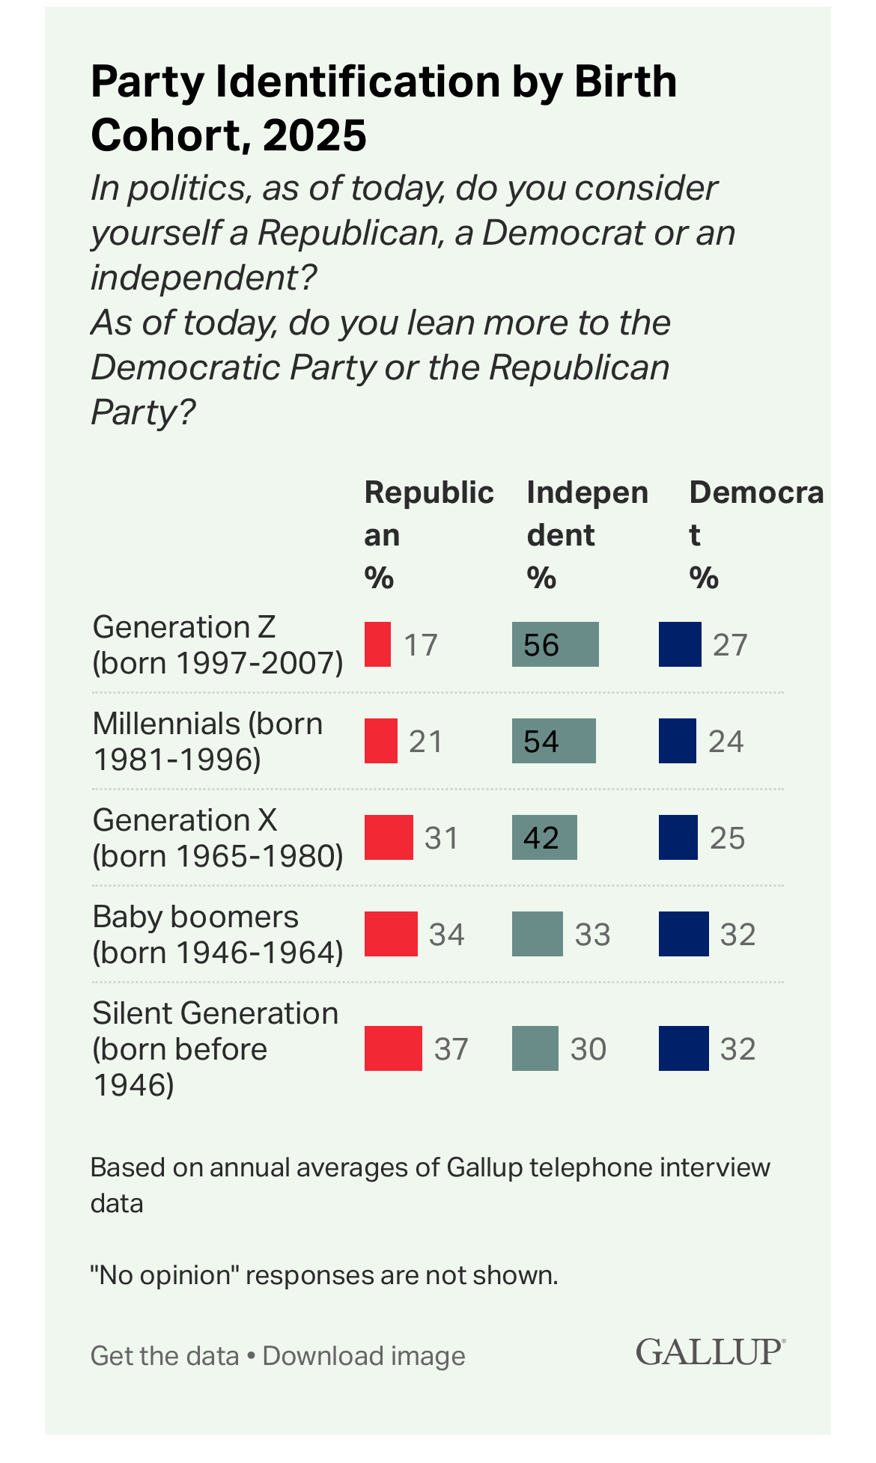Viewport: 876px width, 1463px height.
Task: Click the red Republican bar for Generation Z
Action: click(x=377, y=644)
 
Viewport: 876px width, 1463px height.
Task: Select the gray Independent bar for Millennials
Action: click(x=554, y=741)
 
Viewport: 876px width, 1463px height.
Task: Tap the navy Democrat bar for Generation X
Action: click(x=678, y=837)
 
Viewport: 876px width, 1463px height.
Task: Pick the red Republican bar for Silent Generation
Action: click(x=393, y=1048)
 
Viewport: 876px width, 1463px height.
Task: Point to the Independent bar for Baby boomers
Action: click(x=537, y=934)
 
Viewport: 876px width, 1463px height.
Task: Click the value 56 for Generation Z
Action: click(x=541, y=645)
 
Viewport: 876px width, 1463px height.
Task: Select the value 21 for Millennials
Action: click(x=425, y=742)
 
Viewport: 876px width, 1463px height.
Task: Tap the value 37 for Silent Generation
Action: click(x=451, y=1049)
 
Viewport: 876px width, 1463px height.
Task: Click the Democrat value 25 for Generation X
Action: click(x=727, y=838)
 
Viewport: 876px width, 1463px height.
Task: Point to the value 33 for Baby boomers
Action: click(x=592, y=935)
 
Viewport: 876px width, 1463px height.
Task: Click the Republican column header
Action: click(x=428, y=534)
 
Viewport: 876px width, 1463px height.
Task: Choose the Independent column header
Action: click(x=587, y=534)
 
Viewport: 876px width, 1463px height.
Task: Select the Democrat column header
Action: click(x=755, y=534)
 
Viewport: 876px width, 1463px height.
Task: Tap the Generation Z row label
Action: click(x=217, y=644)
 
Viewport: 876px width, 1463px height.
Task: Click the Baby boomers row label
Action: click(x=217, y=934)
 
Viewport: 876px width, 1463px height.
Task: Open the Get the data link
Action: click(x=164, y=1356)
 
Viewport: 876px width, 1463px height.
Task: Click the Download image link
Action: click(x=364, y=1356)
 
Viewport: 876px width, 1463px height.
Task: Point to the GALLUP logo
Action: click(x=710, y=1352)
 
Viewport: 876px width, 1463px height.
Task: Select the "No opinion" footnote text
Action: click(x=323, y=1274)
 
